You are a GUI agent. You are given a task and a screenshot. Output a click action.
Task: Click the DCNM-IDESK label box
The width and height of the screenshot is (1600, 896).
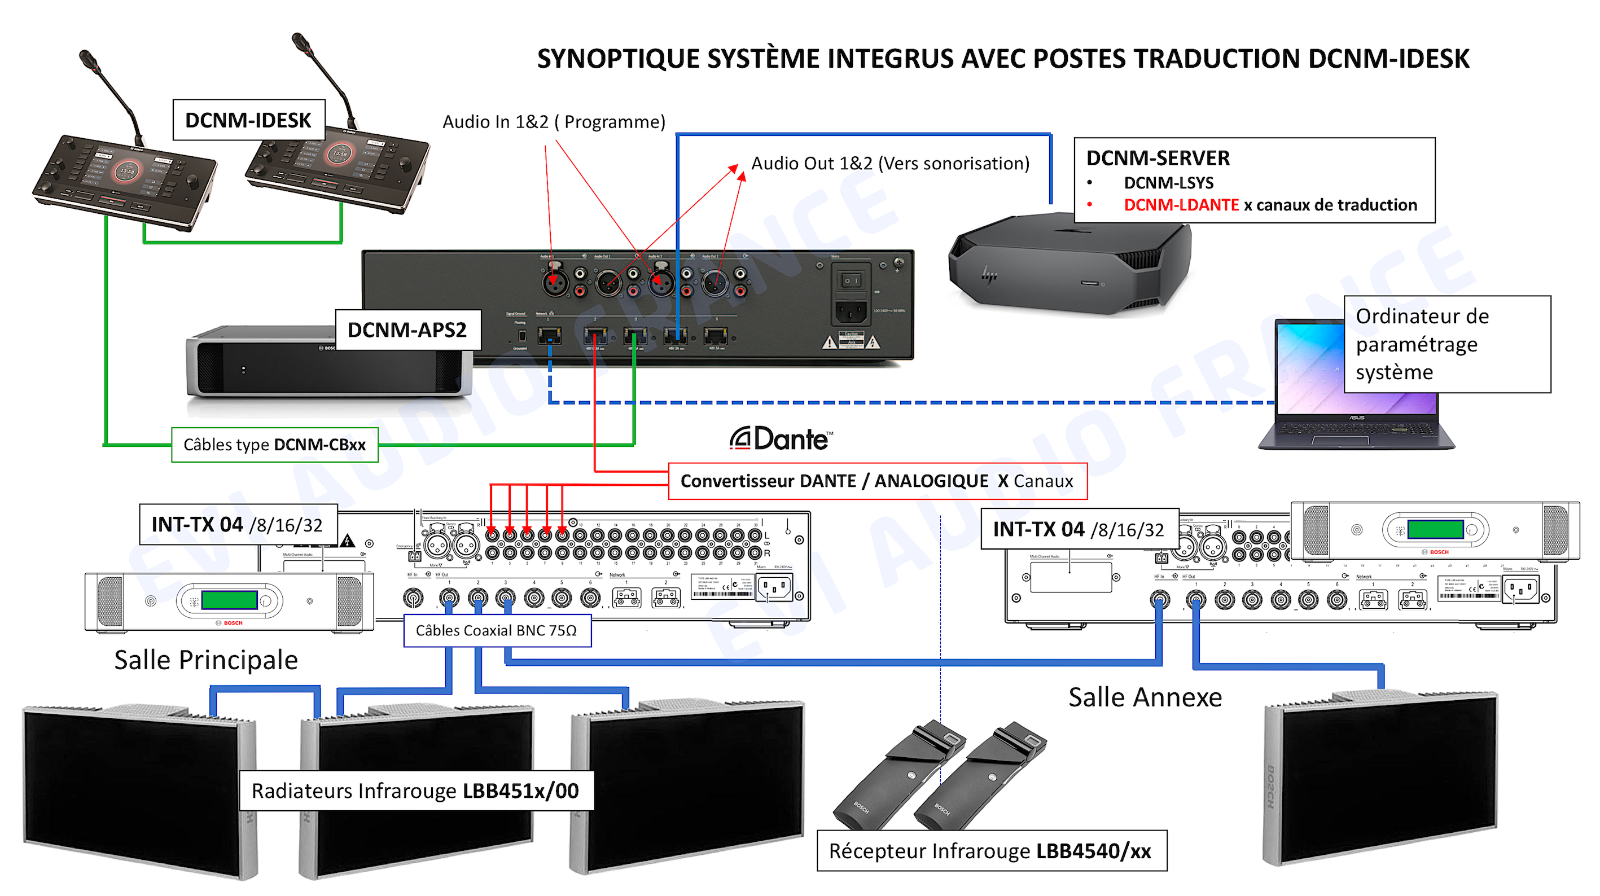click(248, 120)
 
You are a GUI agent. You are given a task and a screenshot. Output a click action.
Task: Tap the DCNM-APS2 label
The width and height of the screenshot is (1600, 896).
click(407, 330)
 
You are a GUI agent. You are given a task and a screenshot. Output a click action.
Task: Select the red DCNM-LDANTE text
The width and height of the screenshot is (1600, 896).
click(1181, 205)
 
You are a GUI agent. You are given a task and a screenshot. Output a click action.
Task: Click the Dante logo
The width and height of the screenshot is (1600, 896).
click(781, 439)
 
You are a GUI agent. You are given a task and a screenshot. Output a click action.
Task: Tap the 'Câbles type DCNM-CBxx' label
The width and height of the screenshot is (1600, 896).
click(274, 445)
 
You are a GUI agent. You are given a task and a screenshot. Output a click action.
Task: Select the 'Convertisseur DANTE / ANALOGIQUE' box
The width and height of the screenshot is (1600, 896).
click(876, 481)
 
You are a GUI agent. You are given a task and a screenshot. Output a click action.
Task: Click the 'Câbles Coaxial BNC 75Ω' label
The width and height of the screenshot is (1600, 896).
click(496, 630)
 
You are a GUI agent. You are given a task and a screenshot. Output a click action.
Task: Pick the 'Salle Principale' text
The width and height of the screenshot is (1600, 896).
click(205, 660)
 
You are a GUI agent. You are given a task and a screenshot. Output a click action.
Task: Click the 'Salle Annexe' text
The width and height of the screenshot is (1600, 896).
click(1145, 697)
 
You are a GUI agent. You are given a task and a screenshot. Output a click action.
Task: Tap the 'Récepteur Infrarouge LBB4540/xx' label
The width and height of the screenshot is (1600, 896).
click(990, 850)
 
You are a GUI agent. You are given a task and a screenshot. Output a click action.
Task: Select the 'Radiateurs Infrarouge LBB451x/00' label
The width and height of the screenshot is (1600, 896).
click(415, 790)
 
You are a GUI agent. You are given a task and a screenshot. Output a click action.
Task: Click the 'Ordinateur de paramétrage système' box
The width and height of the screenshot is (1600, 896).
click(1446, 344)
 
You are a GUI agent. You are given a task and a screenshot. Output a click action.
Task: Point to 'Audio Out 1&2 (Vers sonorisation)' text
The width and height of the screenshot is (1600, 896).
click(890, 163)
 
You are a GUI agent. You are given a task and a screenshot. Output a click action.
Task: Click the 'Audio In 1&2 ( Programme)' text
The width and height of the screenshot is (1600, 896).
click(554, 122)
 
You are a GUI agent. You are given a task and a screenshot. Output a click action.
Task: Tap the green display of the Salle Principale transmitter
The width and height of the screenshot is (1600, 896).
click(229, 600)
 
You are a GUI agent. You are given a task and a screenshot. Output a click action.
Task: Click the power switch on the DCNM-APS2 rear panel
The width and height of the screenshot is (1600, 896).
click(851, 280)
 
